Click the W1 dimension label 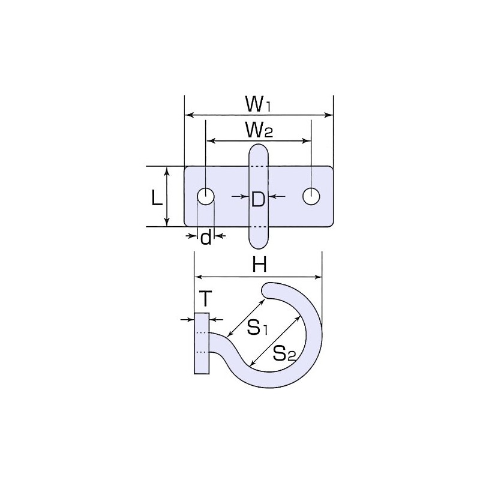(258, 104)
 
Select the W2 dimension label (259, 130)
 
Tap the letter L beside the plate (157, 199)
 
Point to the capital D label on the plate (258, 199)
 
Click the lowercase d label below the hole (206, 236)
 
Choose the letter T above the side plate (205, 299)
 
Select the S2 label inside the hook (284, 353)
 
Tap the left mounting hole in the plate (206, 196)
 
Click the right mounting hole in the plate (311, 196)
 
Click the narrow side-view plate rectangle (202, 343)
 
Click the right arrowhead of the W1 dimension (328, 115)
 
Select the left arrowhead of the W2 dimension (211, 141)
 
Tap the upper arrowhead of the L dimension (167, 172)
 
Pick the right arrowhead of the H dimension (318, 277)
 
